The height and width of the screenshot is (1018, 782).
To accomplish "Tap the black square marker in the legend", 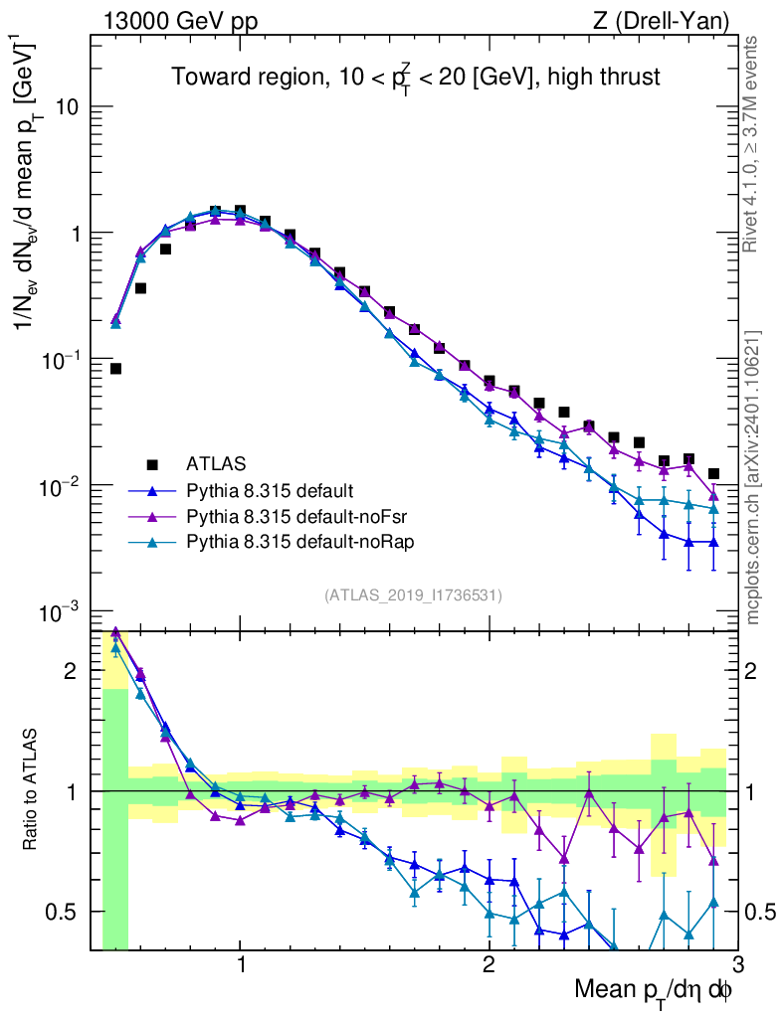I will (152, 463).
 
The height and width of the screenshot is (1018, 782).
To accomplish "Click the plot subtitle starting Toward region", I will (415, 78).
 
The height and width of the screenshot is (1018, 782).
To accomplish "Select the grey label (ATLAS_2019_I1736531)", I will (413, 595).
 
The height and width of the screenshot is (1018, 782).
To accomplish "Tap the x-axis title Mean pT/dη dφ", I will (654, 989).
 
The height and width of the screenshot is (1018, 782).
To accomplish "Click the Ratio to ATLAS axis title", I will (32, 790).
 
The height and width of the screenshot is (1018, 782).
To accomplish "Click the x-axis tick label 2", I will (489, 965).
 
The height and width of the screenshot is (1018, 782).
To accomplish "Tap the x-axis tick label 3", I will (736, 965).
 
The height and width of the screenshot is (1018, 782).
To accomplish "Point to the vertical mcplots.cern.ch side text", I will (754, 477).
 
